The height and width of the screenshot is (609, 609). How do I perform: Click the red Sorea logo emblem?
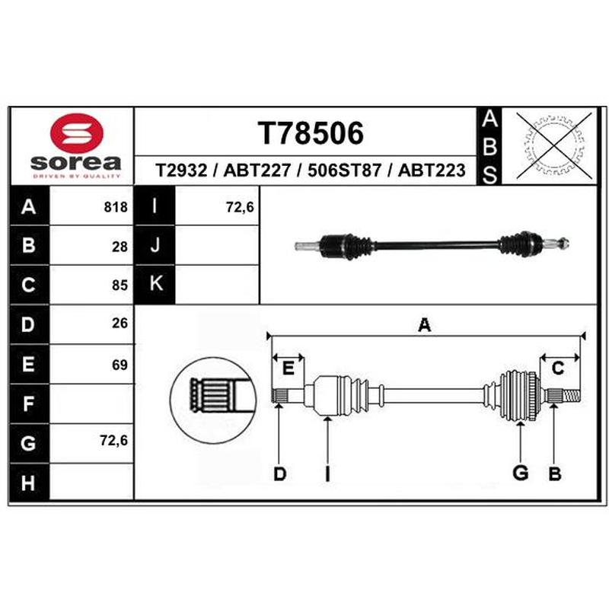coord(77,132)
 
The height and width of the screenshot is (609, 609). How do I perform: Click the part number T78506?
coord(311,133)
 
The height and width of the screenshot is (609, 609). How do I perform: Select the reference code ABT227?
coord(257,170)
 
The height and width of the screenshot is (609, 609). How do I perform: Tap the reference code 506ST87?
coord(344,170)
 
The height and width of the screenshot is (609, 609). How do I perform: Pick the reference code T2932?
coord(181,170)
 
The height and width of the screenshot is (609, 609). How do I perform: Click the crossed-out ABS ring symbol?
coord(554,145)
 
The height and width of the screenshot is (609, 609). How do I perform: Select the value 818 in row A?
coord(116,207)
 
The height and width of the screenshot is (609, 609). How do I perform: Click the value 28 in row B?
coord(120,247)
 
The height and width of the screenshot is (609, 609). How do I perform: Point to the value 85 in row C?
coord(120,285)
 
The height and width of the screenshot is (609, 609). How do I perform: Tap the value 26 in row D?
coord(120,323)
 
